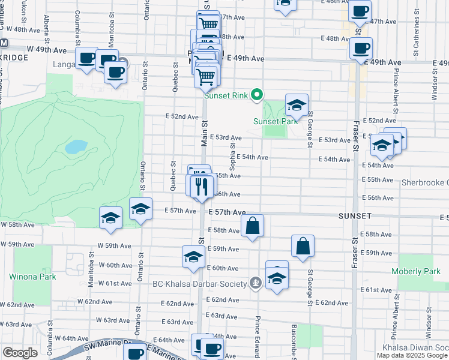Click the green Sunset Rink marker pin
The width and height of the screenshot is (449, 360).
pos(257,95)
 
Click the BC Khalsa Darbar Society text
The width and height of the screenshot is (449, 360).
pos(199,284)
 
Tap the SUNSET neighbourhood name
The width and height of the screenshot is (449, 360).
pos(355,215)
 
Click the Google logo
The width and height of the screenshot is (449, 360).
pos(20,353)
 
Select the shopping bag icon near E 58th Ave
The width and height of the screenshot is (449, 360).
pos(253,226)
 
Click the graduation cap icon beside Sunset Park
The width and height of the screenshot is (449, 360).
pos(297,105)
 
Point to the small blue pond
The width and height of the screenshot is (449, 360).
pos(76,146)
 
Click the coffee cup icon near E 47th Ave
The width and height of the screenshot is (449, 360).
pos(360,11)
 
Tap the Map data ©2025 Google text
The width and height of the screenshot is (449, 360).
pos(412,355)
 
